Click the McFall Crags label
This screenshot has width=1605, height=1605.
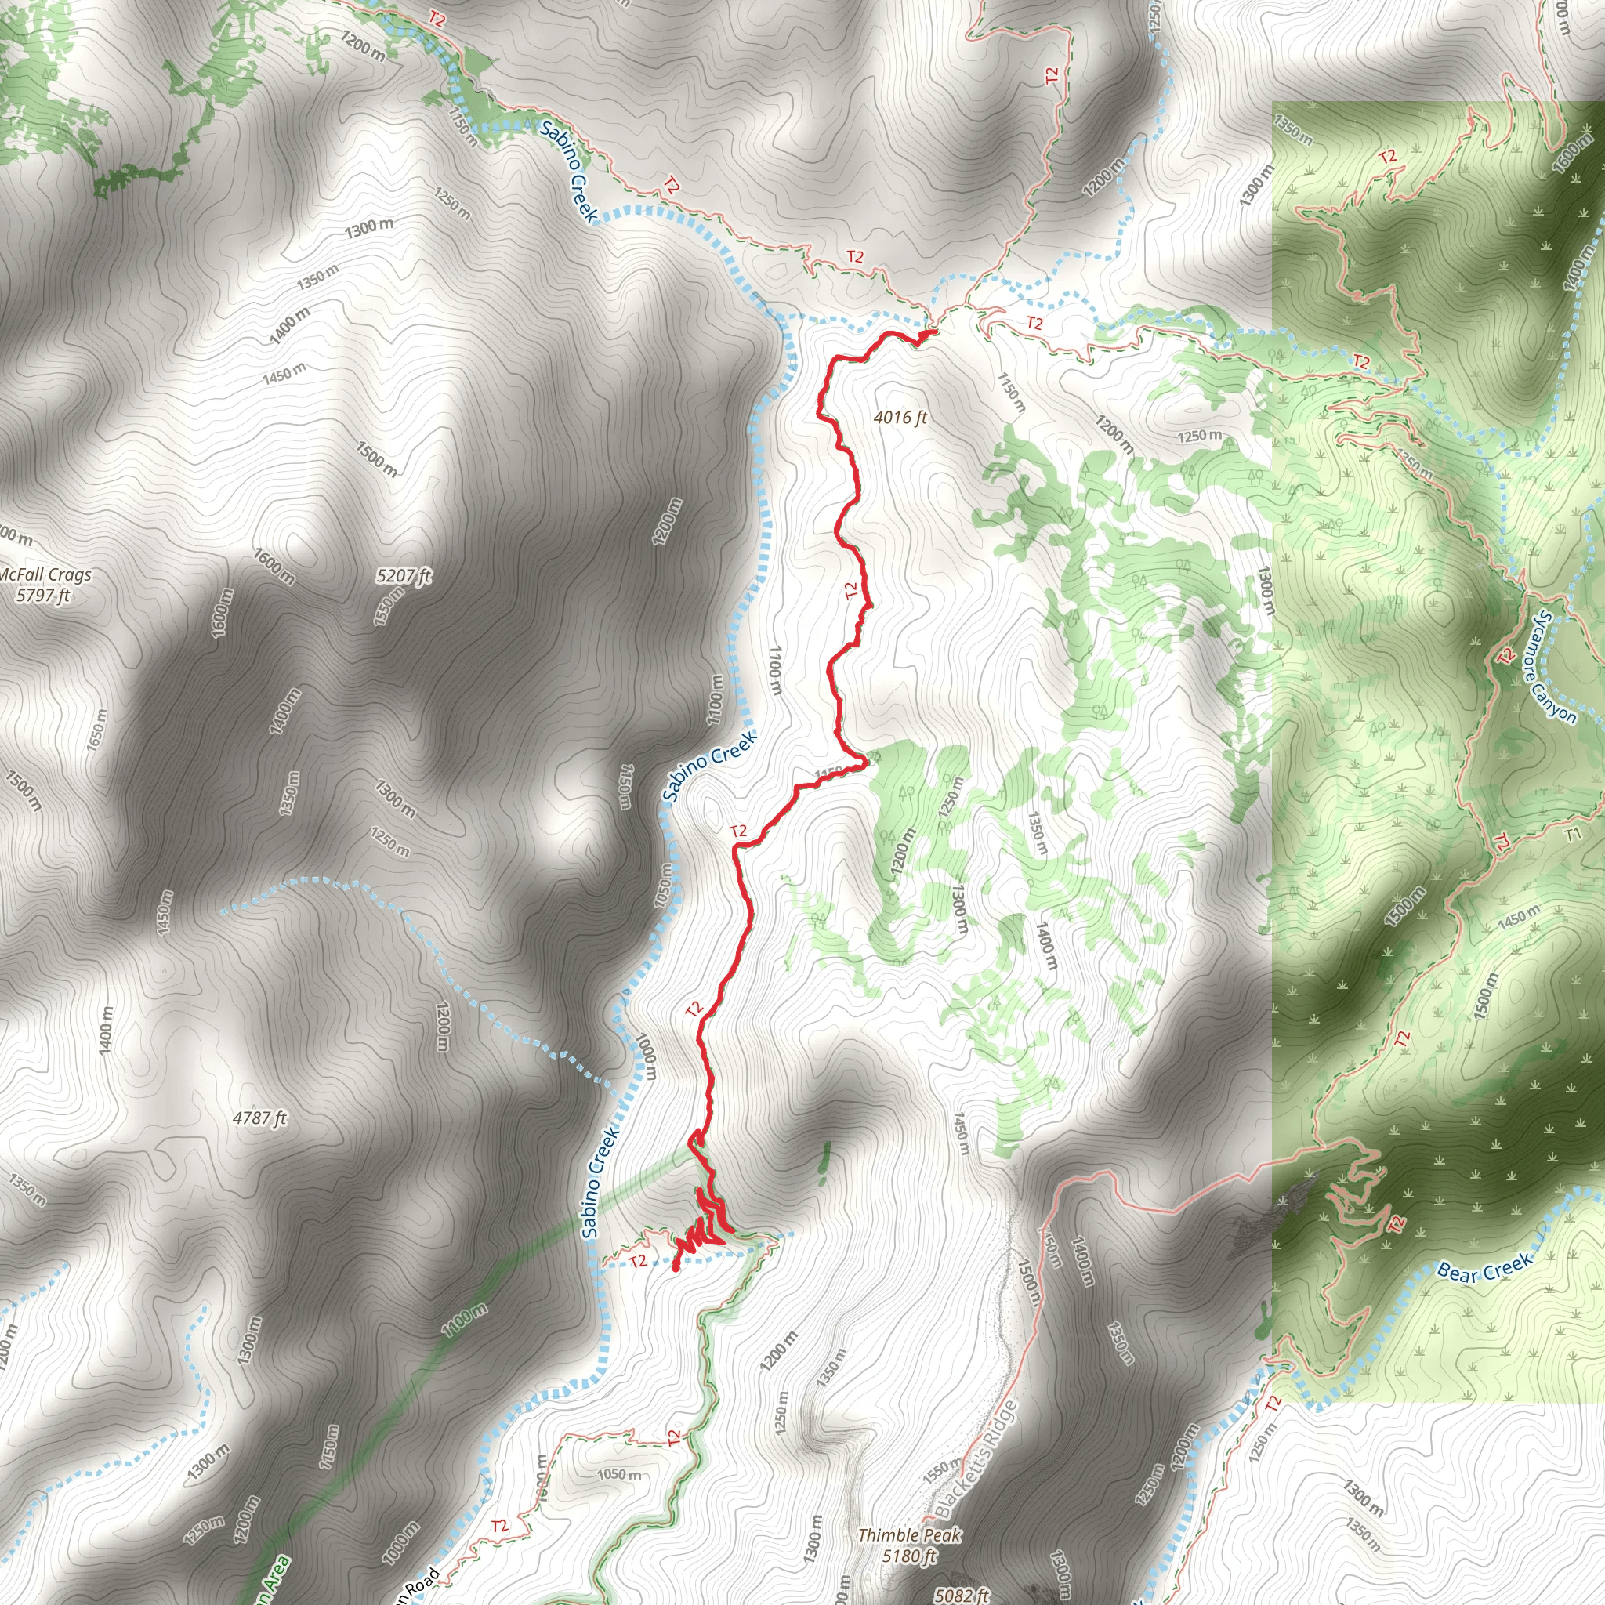(x=45, y=575)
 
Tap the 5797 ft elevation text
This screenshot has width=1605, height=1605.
(x=43, y=595)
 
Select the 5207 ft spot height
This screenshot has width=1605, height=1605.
(x=404, y=576)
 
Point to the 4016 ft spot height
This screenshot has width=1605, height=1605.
(x=900, y=417)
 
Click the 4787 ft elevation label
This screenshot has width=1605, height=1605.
(x=259, y=1118)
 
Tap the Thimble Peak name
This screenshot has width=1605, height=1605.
(x=910, y=1535)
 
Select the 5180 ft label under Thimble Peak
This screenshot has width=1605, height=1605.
(x=910, y=1555)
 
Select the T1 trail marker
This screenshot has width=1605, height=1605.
(x=1574, y=834)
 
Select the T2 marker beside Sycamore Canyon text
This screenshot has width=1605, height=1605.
(x=1505, y=656)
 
